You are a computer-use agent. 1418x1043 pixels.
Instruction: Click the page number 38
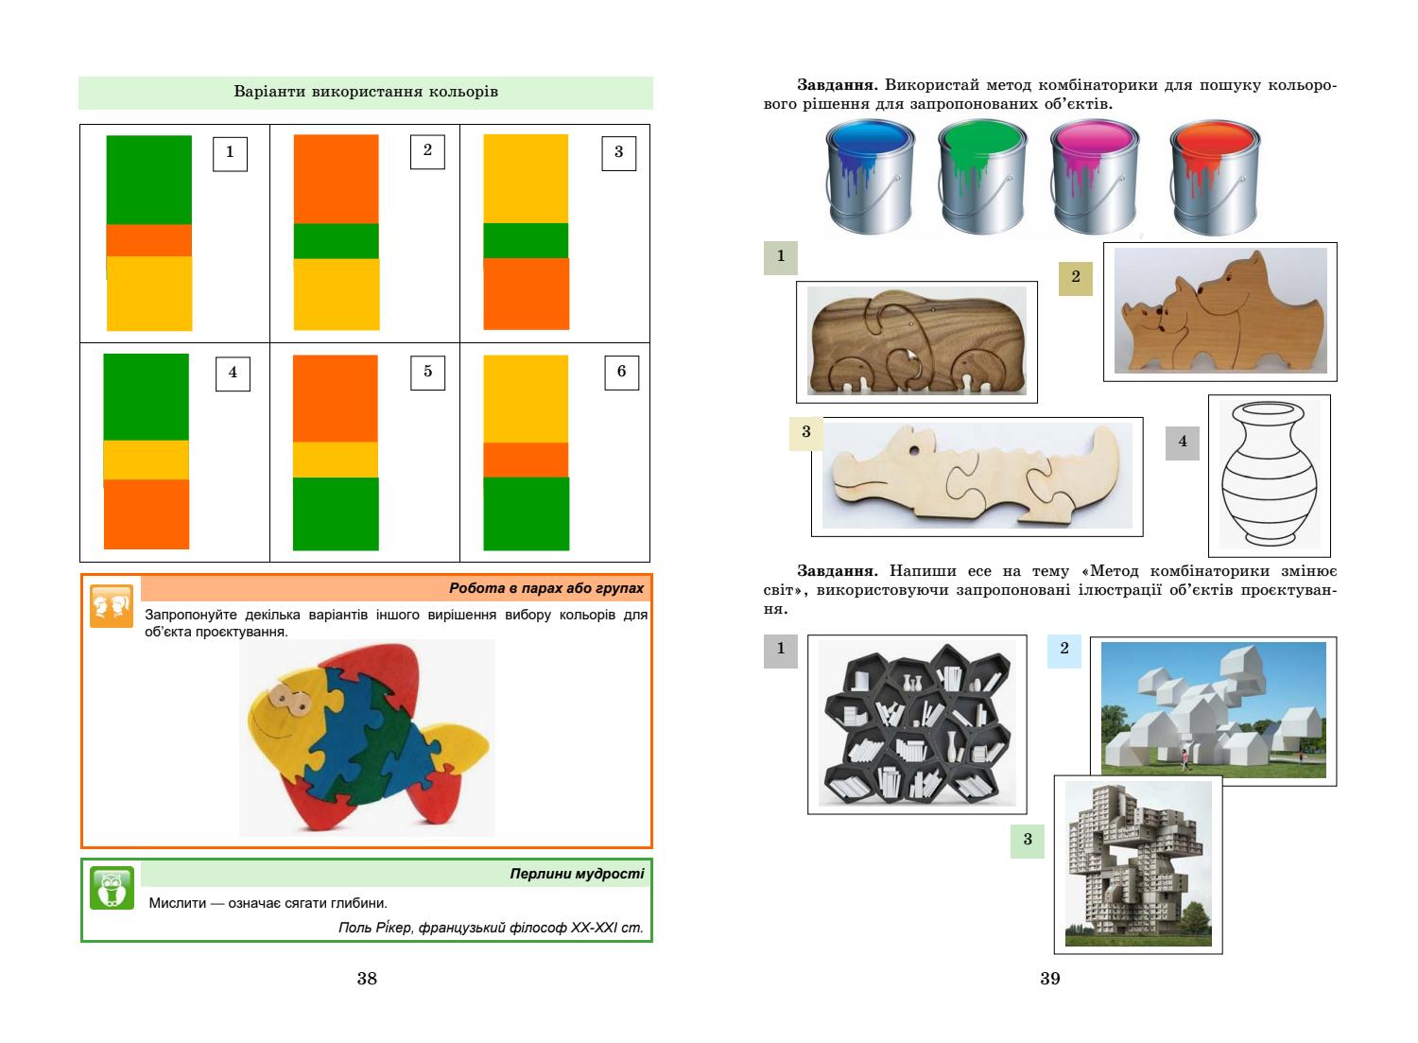pos(367,979)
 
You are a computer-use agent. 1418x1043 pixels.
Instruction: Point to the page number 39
pos(1050,979)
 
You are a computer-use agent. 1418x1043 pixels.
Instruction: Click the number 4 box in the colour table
pos(233,373)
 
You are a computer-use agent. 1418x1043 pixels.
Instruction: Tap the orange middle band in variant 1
pos(148,240)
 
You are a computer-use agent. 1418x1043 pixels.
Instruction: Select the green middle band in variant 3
pos(526,240)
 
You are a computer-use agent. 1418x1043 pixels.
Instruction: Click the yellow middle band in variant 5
pos(336,460)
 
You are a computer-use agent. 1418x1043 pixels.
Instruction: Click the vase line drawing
pos(1269,475)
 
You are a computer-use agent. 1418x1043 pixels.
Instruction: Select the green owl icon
pos(112,887)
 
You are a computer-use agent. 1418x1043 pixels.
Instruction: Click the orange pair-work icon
pos(112,605)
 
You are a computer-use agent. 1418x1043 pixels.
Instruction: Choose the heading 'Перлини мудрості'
pos(577,874)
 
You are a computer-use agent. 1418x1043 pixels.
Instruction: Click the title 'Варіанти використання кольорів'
pos(365,93)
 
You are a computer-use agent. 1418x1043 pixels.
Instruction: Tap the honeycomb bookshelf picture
pos(916,723)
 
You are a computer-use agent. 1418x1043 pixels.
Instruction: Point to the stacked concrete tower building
pos(1137,863)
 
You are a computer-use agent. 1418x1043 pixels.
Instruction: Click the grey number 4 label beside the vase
pos(1182,442)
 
